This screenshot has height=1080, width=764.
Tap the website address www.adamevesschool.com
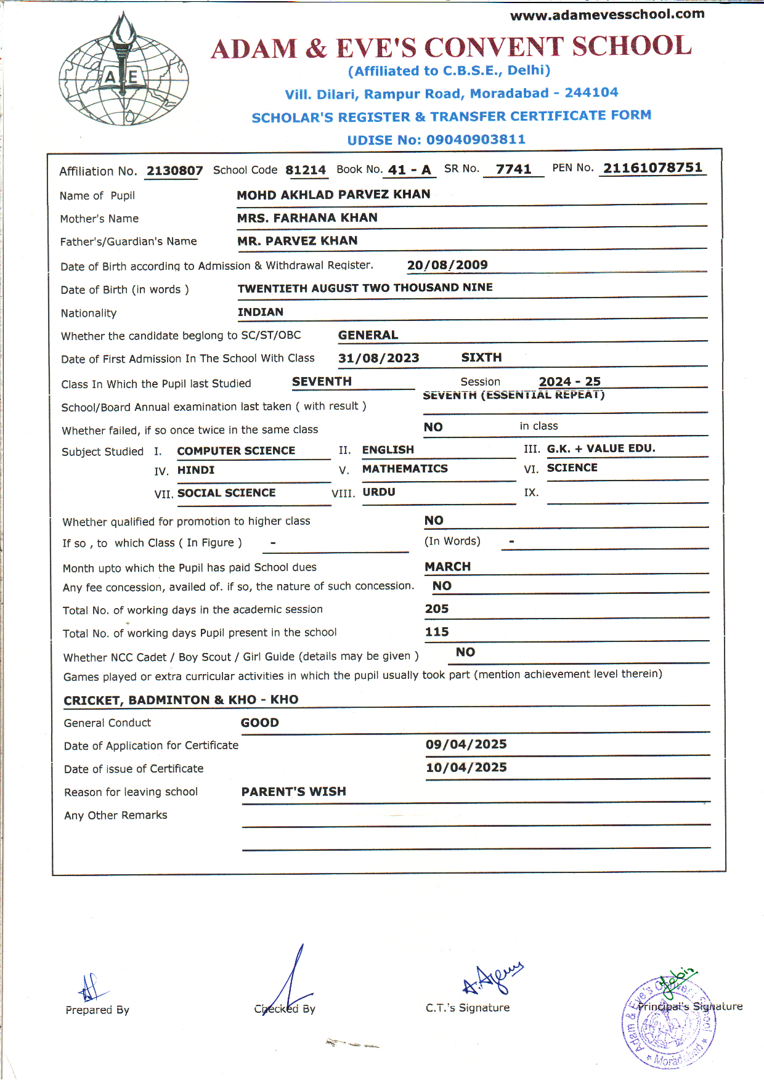pos(607,14)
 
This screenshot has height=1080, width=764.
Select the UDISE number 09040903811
pos(476,140)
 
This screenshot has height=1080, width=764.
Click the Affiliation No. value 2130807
pos(174,171)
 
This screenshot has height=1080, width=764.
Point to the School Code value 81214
pos(306,170)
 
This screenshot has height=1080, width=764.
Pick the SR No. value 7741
pos(513,169)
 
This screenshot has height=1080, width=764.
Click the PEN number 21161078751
pos(652,168)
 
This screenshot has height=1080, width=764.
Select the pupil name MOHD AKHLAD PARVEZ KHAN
pos(333,195)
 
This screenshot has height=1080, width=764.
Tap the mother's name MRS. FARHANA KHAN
pos(307,218)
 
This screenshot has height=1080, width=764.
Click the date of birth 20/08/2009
pos(447,265)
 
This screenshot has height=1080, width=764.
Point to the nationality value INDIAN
pos(261,312)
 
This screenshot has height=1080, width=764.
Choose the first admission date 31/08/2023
pos(378,359)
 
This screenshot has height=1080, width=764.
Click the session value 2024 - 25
pos(569,381)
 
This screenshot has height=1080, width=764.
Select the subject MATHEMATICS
pos(405,469)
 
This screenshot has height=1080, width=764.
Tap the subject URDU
pos(379,492)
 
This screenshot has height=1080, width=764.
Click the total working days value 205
pos(437,609)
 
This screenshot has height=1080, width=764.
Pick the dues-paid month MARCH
pos(447,566)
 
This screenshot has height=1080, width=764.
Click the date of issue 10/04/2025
pos(466,768)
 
